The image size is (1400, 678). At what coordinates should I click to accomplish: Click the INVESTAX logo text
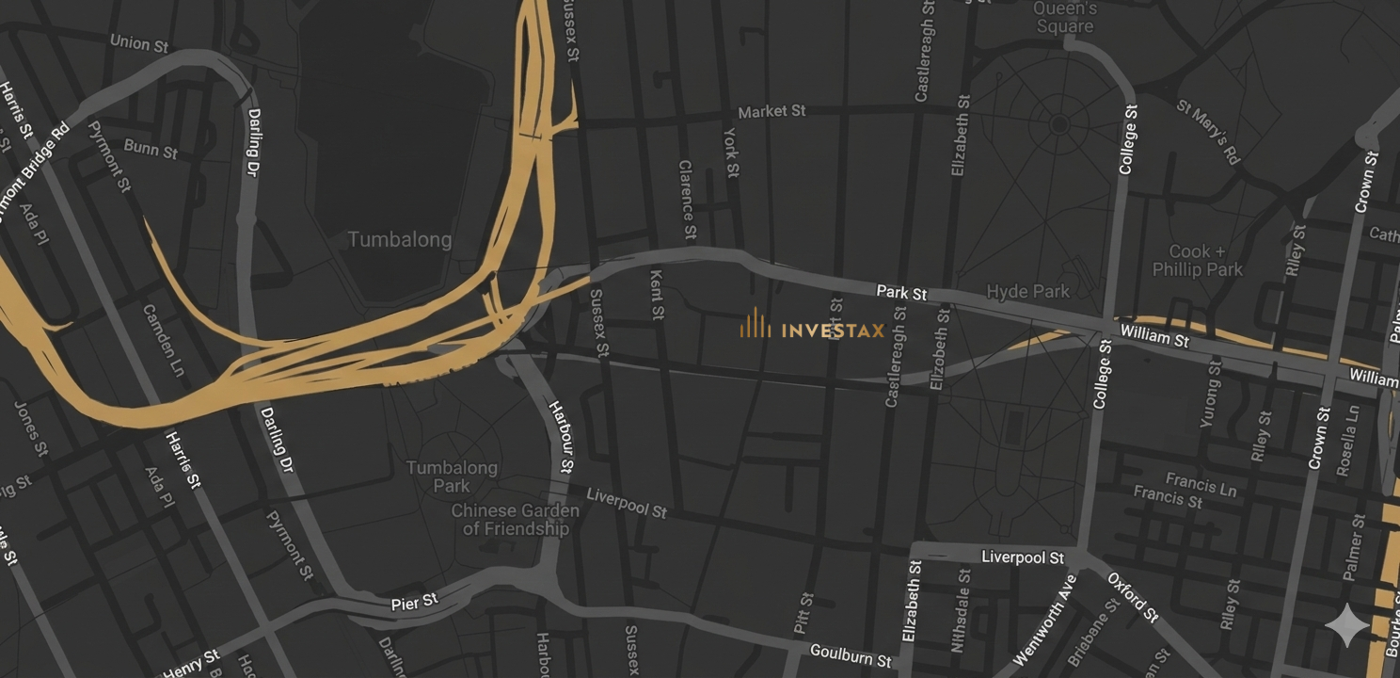[832, 330]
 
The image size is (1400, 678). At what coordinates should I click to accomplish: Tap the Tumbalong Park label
[452, 476]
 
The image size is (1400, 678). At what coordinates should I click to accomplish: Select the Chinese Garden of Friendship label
[516, 520]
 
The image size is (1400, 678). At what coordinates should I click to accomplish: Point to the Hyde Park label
[1028, 292]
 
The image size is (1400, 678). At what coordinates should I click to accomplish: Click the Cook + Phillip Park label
[1198, 261]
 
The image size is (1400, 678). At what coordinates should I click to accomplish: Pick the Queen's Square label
[1065, 17]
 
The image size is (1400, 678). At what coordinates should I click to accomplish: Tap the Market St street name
[772, 111]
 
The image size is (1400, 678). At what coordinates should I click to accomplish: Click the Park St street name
[901, 293]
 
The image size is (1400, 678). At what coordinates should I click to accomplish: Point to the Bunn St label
[151, 148]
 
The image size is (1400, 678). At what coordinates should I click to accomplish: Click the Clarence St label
[688, 199]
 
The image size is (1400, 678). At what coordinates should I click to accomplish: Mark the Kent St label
[657, 293]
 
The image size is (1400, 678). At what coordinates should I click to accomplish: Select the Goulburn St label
[851, 655]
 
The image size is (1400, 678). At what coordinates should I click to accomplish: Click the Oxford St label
[1133, 597]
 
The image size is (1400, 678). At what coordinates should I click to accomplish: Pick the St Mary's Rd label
[1208, 131]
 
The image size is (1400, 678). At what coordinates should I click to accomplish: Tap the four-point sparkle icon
[1347, 625]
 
